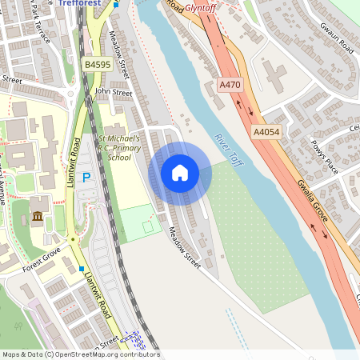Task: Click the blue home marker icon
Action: pos(180,173)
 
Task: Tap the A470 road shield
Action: pos(230,83)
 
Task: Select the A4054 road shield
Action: pos(266,131)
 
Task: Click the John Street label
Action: pos(113,93)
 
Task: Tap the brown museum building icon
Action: pos(38,217)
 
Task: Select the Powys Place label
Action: pos(325,158)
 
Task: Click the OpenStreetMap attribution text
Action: pos(80,354)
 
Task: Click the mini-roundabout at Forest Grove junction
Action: pos(73,240)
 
